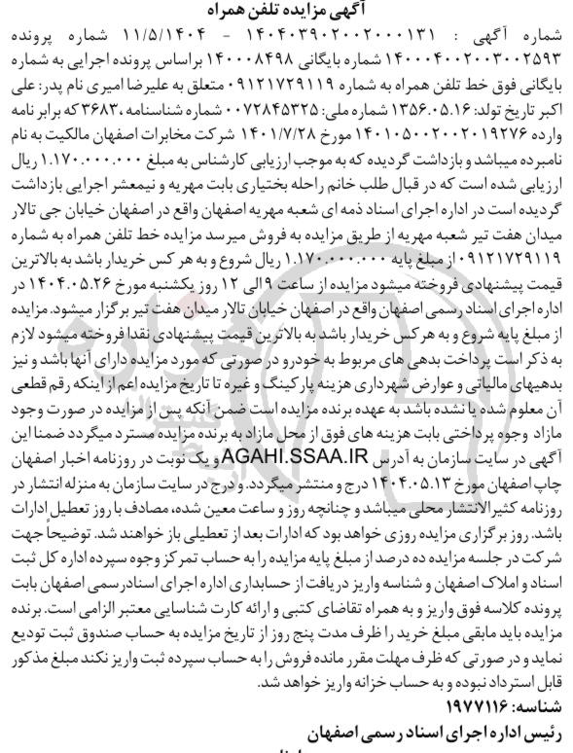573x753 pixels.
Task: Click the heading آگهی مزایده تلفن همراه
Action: (x=286, y=9)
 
